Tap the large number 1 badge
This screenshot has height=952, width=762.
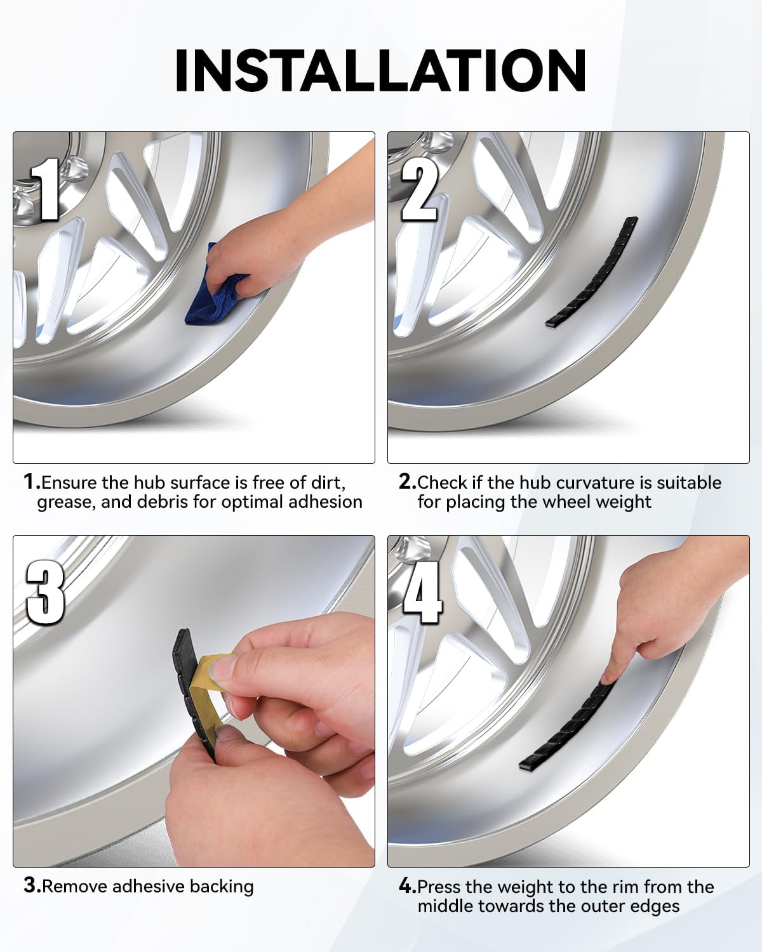coord(45,189)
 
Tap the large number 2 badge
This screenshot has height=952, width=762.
coord(420,189)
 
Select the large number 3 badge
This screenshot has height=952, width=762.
coord(45,593)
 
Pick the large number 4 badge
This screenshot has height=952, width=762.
coord(422,593)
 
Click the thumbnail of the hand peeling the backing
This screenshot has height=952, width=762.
coord(194,701)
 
